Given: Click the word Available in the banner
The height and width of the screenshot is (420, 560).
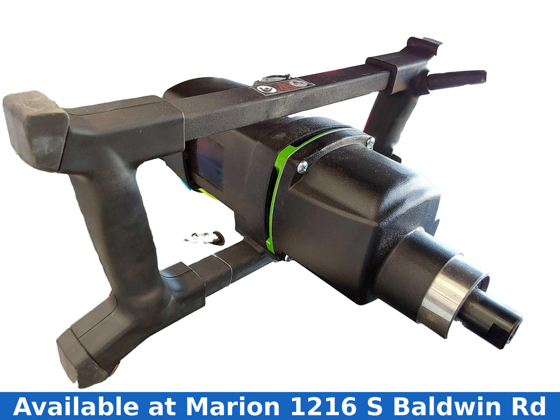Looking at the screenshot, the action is pyautogui.click(x=75, y=406).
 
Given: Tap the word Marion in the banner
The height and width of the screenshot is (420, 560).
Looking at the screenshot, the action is pyautogui.click(x=233, y=406).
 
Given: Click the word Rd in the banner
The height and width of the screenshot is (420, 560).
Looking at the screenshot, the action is pyautogui.click(x=530, y=406).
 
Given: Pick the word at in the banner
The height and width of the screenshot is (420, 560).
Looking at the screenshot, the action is pyautogui.click(x=162, y=407).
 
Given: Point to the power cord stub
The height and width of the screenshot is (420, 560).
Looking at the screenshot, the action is pyautogui.click(x=457, y=79).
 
